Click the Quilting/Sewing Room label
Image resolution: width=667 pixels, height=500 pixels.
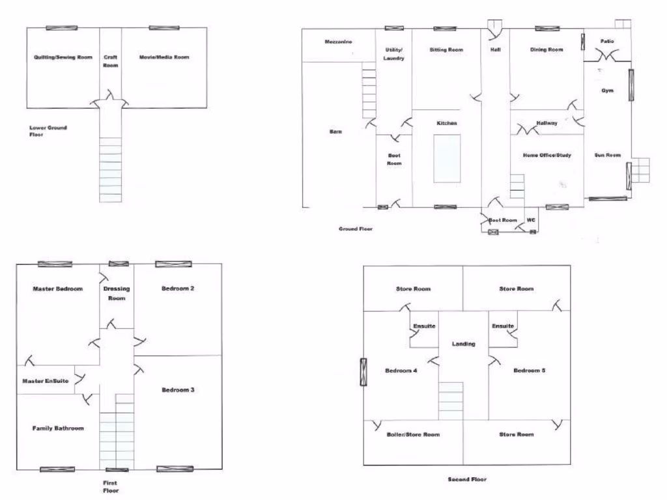(x=63, y=57)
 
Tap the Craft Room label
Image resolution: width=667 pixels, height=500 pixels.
(x=111, y=61)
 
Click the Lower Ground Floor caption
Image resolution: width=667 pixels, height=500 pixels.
(x=48, y=132)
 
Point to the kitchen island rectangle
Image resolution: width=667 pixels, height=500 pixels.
(x=447, y=159)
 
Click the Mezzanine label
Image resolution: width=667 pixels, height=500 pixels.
(x=338, y=42)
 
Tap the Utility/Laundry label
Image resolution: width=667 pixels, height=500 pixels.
(x=394, y=54)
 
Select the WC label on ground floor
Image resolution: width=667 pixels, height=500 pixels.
(x=530, y=220)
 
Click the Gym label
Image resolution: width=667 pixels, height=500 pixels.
(x=606, y=90)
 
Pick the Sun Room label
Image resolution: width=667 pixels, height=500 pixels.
(x=607, y=155)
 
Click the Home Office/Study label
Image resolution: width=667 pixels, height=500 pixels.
(x=546, y=155)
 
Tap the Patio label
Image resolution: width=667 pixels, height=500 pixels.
(x=606, y=42)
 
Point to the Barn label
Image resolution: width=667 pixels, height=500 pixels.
(x=335, y=132)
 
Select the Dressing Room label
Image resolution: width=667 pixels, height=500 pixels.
(x=116, y=293)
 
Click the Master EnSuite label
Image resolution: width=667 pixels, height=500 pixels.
(x=46, y=381)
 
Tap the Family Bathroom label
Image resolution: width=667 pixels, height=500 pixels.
(x=58, y=428)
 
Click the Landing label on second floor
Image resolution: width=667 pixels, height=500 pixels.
(x=463, y=344)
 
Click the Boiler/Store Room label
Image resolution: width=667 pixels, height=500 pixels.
(x=412, y=434)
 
